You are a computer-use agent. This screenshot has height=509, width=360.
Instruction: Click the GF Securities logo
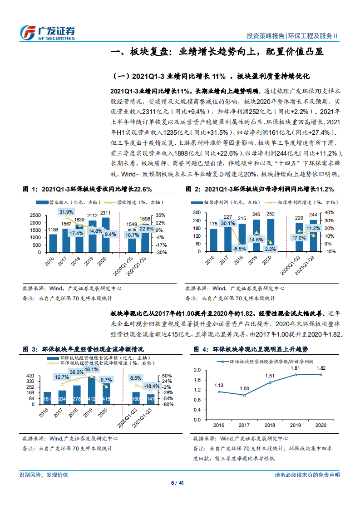click(47, 32)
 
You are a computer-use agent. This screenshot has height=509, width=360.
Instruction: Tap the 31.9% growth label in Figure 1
click(66, 212)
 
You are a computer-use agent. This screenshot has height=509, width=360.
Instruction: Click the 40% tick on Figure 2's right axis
click(330, 212)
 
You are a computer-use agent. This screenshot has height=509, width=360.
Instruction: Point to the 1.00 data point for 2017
click(244, 395)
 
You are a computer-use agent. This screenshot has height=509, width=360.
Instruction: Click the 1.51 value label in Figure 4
click(270, 376)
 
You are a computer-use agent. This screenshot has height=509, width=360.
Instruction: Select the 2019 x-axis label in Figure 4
click(295, 425)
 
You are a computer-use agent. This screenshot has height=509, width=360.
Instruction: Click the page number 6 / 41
click(179, 483)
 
